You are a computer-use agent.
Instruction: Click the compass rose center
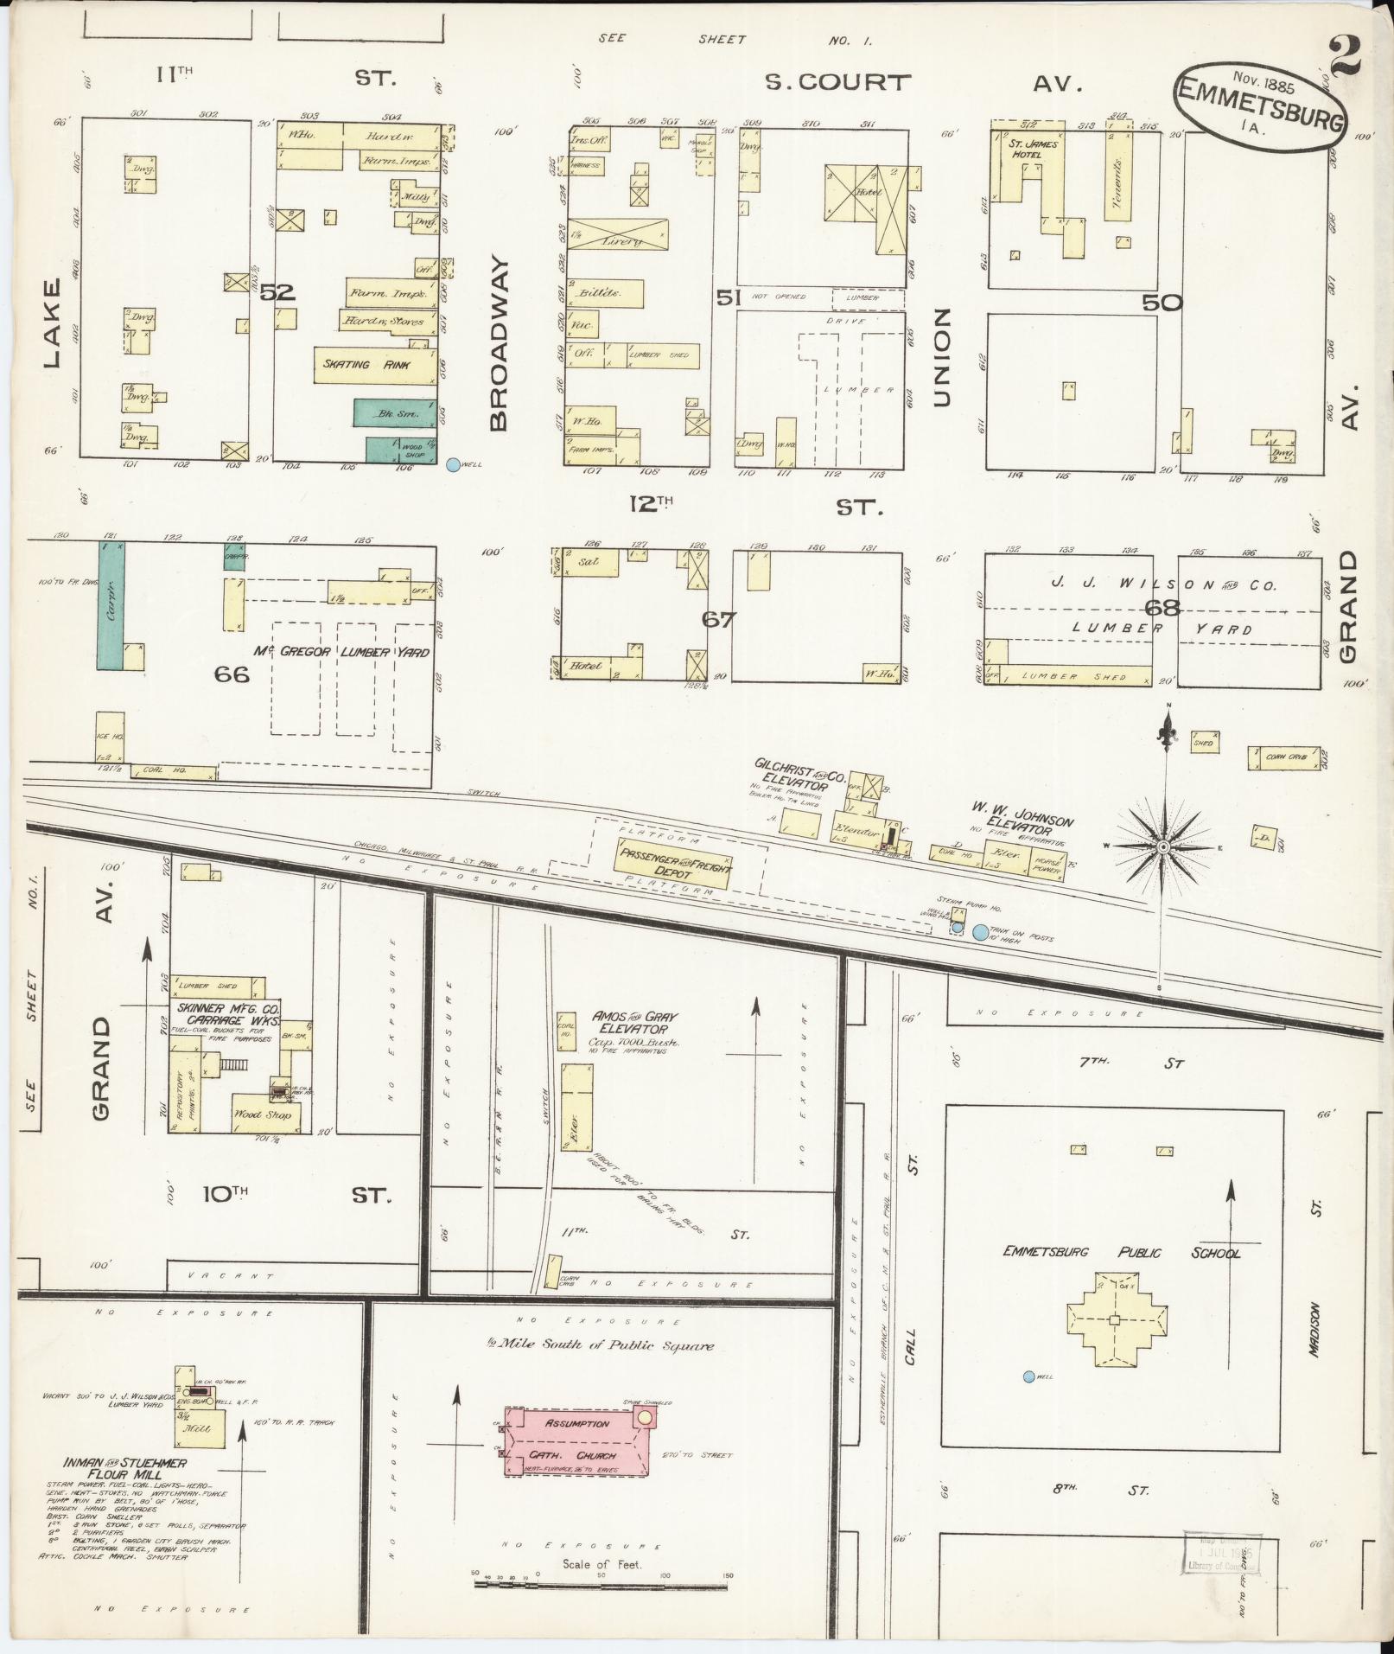tap(1163, 846)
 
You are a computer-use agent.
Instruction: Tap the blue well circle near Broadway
tap(452, 464)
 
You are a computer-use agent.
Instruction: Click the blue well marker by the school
tap(1028, 1376)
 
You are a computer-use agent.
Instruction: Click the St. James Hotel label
tap(1034, 149)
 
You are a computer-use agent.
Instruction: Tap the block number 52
tap(278, 293)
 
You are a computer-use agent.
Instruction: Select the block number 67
tap(718, 619)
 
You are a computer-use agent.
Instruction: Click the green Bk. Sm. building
tap(393, 413)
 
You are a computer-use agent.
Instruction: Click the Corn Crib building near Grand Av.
tap(1283, 757)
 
